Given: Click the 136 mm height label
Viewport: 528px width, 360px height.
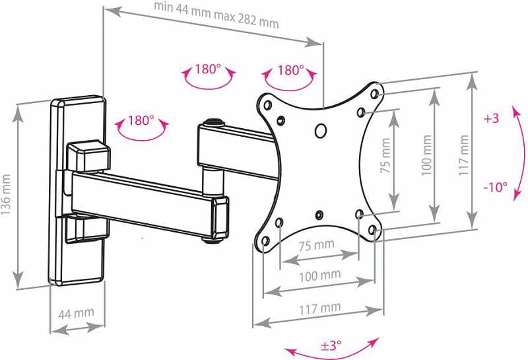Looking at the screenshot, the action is click(6, 194).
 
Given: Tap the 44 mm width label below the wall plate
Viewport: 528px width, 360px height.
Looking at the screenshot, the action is click(76, 314).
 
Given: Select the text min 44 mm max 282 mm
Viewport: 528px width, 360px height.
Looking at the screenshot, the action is click(216, 15).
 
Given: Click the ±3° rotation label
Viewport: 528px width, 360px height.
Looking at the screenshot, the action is click(331, 345).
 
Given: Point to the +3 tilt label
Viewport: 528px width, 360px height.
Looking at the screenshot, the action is click(491, 118).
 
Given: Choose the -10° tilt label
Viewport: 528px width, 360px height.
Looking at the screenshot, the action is click(496, 187).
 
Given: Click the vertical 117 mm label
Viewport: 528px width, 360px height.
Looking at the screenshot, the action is click(464, 155).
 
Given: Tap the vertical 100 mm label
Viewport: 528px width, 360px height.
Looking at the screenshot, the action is click(426, 155).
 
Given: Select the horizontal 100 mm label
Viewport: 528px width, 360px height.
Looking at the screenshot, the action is click(319, 275).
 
